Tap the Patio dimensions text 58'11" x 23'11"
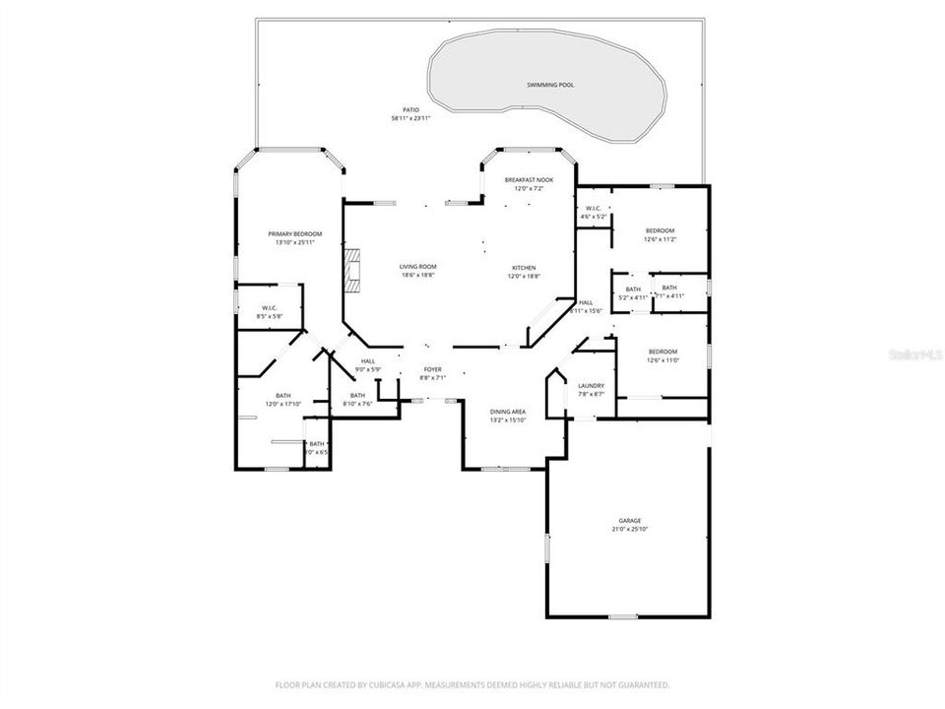[411, 119]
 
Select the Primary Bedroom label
[294, 233]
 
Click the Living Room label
[417, 267]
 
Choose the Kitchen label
[523, 268]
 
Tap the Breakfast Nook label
[530, 179]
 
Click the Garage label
[630, 520]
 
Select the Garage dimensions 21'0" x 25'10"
[630, 529]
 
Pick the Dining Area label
[508, 411]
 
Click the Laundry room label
[591, 385]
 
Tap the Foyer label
[432, 368]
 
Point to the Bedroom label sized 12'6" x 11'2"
[661, 229]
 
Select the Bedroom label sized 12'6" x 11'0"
[661, 352]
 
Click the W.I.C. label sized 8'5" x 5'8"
[269, 307]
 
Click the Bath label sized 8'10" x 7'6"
[357, 395]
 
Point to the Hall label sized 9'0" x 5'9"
[367, 360]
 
